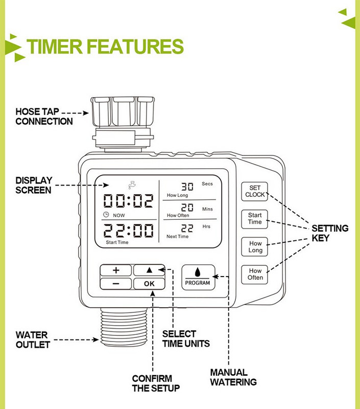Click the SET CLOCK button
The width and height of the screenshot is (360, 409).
[255, 191]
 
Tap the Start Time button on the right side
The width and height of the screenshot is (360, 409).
[255, 219]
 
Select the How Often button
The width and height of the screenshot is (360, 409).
[255, 274]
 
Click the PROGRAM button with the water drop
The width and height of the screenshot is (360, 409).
[197, 277]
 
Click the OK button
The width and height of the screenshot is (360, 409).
[149, 284]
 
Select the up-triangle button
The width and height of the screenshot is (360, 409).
[149, 270]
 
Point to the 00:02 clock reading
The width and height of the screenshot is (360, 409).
[129, 201]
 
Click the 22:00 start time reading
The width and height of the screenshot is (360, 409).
[129, 232]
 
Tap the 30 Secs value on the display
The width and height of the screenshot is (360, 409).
[188, 187]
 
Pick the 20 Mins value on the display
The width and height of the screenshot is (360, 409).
[188, 208]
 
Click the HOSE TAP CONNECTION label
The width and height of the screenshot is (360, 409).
[44, 117]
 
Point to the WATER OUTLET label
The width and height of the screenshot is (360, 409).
[33, 340]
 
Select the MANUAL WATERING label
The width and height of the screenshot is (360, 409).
[233, 377]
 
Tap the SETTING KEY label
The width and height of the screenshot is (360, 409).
[330, 233]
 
